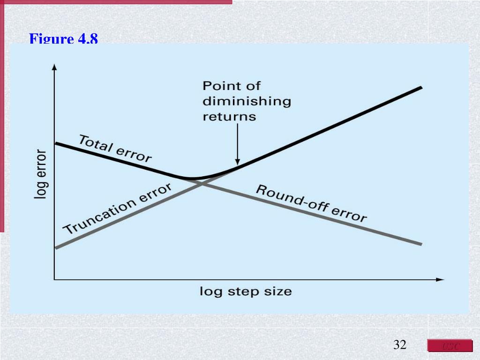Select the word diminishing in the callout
(247, 101)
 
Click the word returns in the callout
(229, 116)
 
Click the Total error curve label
(115, 148)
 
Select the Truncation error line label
(117, 209)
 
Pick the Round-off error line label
(311, 203)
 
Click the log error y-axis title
(41, 174)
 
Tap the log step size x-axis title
(246, 292)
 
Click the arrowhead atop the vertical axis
(54, 67)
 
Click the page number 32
(400, 345)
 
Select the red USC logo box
(450, 346)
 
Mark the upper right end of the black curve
(421, 87)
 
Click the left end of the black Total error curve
(56, 143)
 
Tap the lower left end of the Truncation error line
(56, 247)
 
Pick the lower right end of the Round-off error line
(421, 244)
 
